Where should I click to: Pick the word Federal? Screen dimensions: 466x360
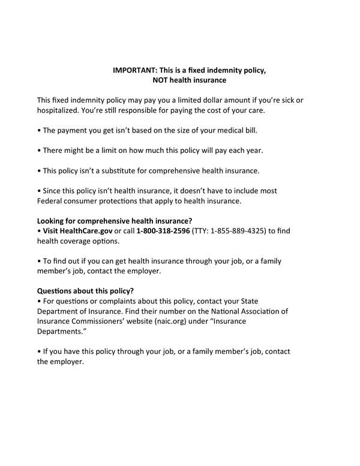[51, 201]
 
